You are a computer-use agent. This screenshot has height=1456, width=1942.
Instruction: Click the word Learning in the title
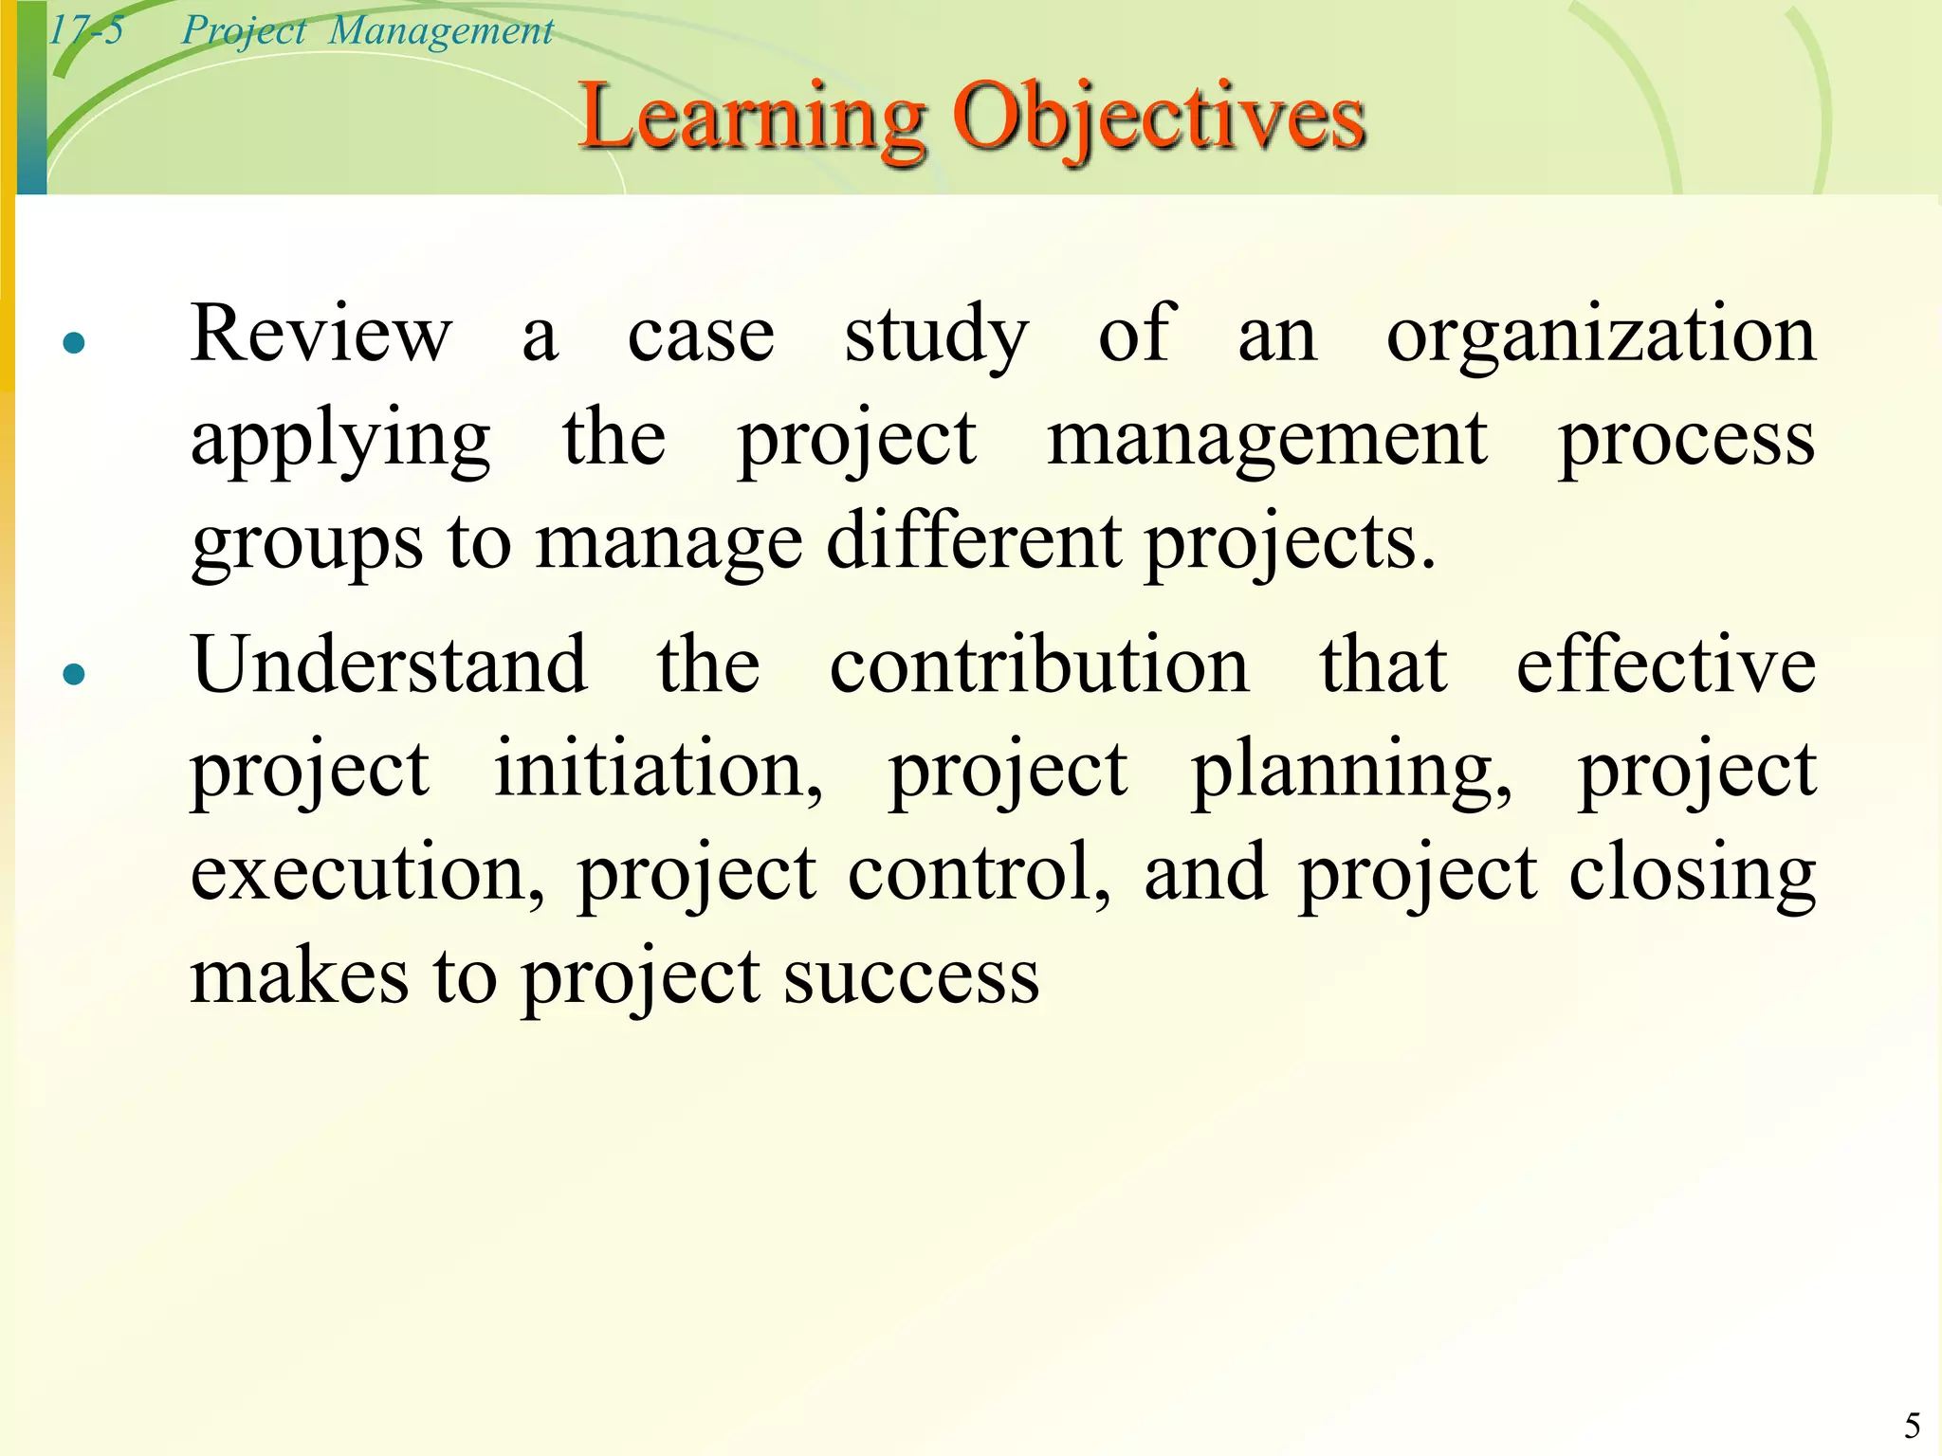tap(751, 118)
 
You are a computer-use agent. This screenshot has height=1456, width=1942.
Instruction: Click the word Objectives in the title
tap(1159, 118)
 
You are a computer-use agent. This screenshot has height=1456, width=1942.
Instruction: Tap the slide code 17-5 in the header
tap(85, 30)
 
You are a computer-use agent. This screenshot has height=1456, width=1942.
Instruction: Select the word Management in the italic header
tap(441, 30)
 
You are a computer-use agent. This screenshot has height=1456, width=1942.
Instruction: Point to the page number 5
tap(1913, 1426)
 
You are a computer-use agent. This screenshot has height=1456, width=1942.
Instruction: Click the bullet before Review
tap(74, 342)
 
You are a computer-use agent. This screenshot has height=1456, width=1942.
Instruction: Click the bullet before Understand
tap(74, 674)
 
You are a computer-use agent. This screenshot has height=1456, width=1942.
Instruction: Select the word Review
tap(321, 334)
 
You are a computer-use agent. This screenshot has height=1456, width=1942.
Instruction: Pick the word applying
tap(340, 442)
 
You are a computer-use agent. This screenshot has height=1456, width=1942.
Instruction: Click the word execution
tap(368, 873)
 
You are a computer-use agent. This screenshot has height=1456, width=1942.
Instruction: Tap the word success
tap(911, 977)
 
